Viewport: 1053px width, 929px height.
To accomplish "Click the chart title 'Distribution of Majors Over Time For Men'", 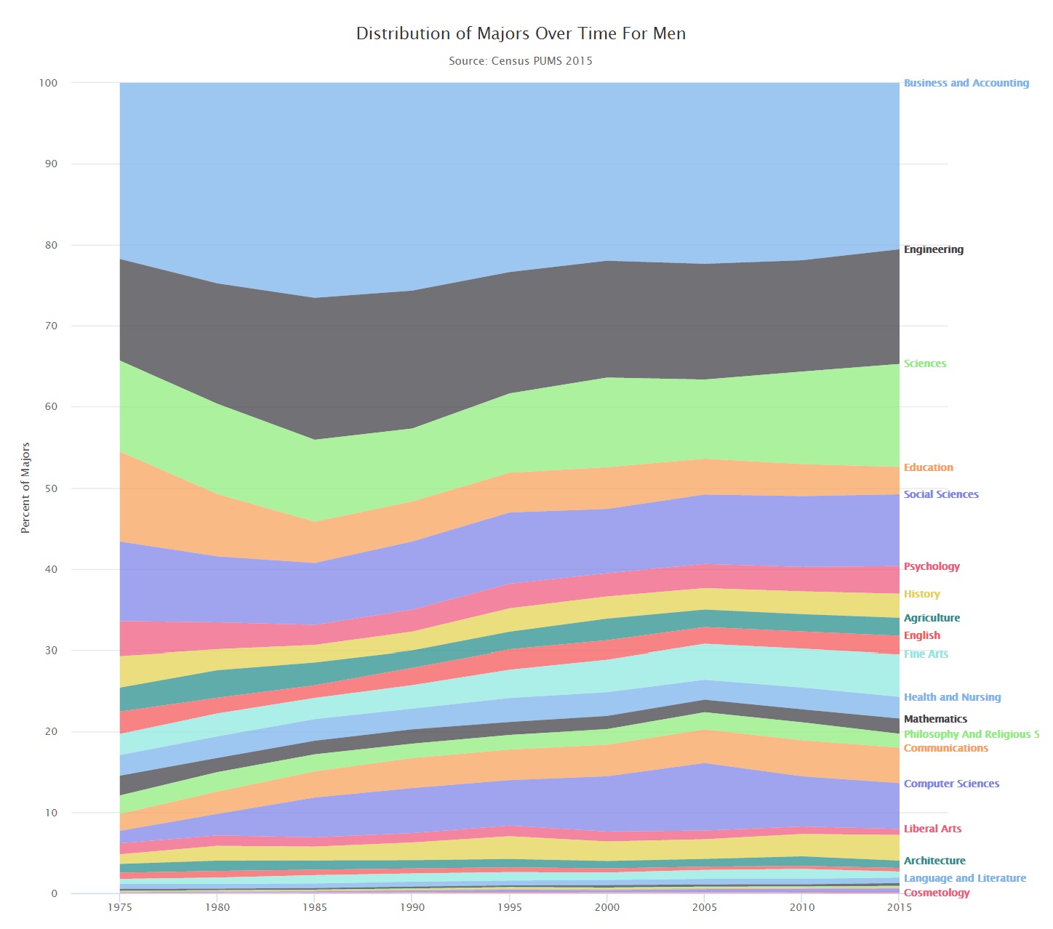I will tap(521, 33).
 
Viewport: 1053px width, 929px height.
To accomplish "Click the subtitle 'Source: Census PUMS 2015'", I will tap(521, 61).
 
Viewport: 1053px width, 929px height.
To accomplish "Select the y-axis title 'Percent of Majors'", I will tap(25, 488).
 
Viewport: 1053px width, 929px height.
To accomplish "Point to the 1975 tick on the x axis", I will tap(120, 906).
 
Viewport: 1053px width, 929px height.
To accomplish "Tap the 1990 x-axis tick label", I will tap(412, 906).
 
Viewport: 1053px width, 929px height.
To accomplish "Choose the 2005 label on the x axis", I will tap(705, 906).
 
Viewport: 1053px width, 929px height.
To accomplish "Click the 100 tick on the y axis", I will tap(48, 83).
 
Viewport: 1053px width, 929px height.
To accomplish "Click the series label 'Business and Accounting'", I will tap(966, 83).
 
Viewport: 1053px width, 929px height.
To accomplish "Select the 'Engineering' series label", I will tap(933, 249).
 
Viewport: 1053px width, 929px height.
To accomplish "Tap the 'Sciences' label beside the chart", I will tap(924, 363).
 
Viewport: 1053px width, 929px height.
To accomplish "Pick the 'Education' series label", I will tap(928, 467).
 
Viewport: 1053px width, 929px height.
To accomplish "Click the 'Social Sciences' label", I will tap(940, 494).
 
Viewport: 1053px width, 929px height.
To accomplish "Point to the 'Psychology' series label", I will tap(932, 566).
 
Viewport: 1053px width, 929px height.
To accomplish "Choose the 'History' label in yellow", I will tap(921, 594).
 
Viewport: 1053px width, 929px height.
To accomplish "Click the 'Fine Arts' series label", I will tap(926, 653).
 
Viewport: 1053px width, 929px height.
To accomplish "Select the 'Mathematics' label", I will tap(935, 719).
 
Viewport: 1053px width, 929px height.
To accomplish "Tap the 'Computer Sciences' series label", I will tap(951, 784).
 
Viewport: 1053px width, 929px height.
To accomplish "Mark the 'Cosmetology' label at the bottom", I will tap(936, 893).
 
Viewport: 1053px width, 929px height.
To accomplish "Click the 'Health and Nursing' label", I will tap(952, 697).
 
